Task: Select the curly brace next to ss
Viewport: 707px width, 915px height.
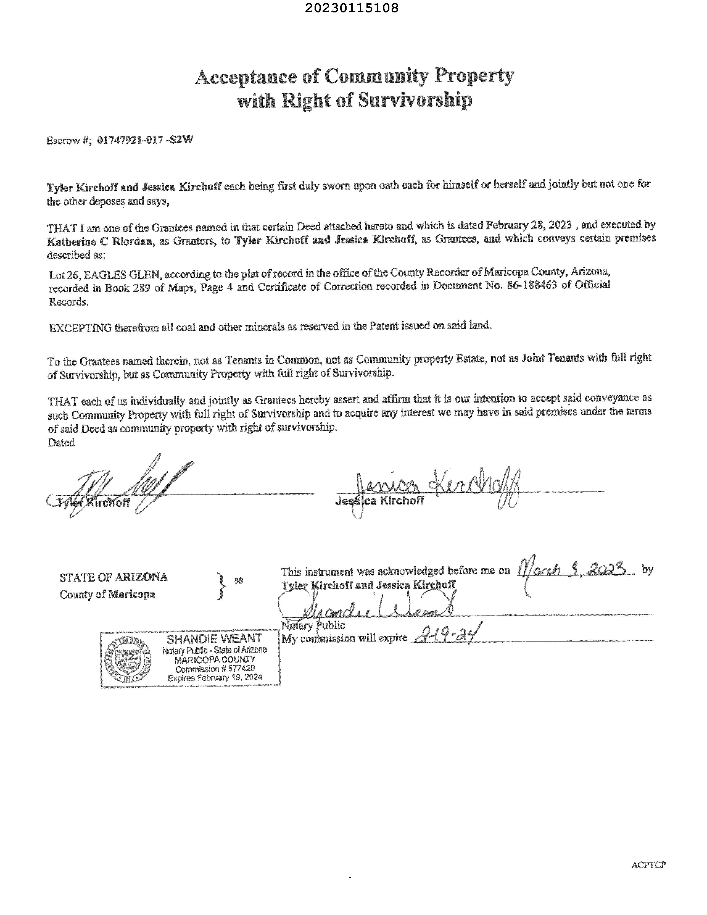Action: coord(221,586)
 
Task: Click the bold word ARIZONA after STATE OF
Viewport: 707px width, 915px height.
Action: coord(141,577)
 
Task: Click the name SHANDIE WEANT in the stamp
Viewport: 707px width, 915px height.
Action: coord(214,638)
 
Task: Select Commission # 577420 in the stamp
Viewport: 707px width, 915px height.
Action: coord(215,669)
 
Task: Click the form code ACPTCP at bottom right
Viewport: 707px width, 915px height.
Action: coord(648,865)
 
